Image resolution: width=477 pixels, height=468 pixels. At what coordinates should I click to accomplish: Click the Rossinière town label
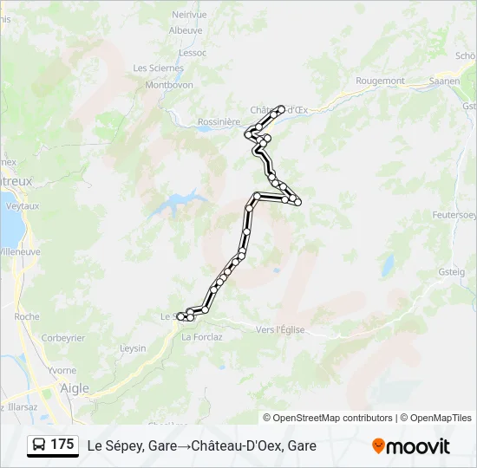219,122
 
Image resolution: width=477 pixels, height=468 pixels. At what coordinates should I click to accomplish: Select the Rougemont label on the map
380,81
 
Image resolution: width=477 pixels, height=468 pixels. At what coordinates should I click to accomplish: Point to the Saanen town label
444,81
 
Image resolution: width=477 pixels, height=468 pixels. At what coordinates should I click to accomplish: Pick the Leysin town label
133,348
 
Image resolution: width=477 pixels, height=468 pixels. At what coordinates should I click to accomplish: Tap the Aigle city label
75,388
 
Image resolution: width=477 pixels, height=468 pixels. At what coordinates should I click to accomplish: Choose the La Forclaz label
202,337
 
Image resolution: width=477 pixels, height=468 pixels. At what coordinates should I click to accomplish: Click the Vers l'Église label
282,328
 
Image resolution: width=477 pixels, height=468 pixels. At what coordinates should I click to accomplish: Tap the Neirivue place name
188,15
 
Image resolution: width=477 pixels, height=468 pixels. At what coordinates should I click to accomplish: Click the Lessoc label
192,52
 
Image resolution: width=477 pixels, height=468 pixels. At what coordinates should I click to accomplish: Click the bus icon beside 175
40,445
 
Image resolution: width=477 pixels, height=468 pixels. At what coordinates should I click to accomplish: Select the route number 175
62,445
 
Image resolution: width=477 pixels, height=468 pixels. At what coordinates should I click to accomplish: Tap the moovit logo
411,446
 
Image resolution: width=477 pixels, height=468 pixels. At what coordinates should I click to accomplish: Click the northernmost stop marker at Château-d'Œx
282,108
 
